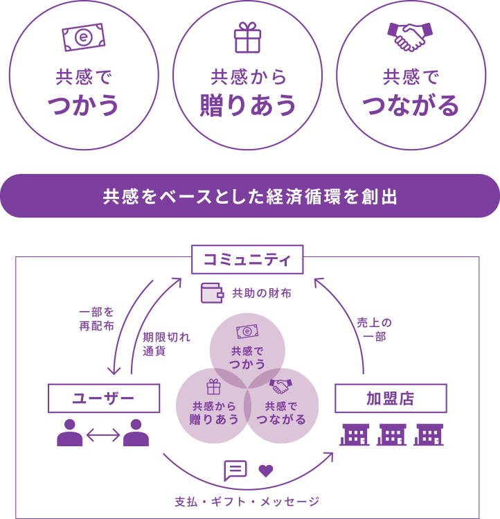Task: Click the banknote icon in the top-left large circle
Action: pyautogui.click(x=83, y=37)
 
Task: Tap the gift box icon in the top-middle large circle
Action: pyautogui.click(x=247, y=38)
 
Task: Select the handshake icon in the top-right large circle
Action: pyautogui.click(x=411, y=37)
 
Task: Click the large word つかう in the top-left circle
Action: pyautogui.click(x=84, y=106)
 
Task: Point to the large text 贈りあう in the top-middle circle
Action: pyautogui.click(x=247, y=105)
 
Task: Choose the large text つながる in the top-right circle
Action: pyautogui.click(x=411, y=106)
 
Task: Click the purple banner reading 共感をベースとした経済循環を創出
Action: pyautogui.click(x=250, y=197)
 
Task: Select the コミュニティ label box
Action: pyautogui.click(x=247, y=260)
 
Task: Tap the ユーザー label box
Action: pyautogui.click(x=103, y=398)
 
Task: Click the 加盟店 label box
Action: pyautogui.click(x=391, y=398)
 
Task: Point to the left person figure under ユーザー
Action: pyautogui.click(x=70, y=433)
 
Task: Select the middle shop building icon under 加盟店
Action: pyautogui.click(x=391, y=434)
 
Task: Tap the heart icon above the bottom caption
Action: pyautogui.click(x=267, y=470)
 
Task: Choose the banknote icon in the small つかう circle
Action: pyautogui.click(x=247, y=332)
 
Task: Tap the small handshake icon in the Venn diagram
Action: pyautogui.click(x=280, y=386)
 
